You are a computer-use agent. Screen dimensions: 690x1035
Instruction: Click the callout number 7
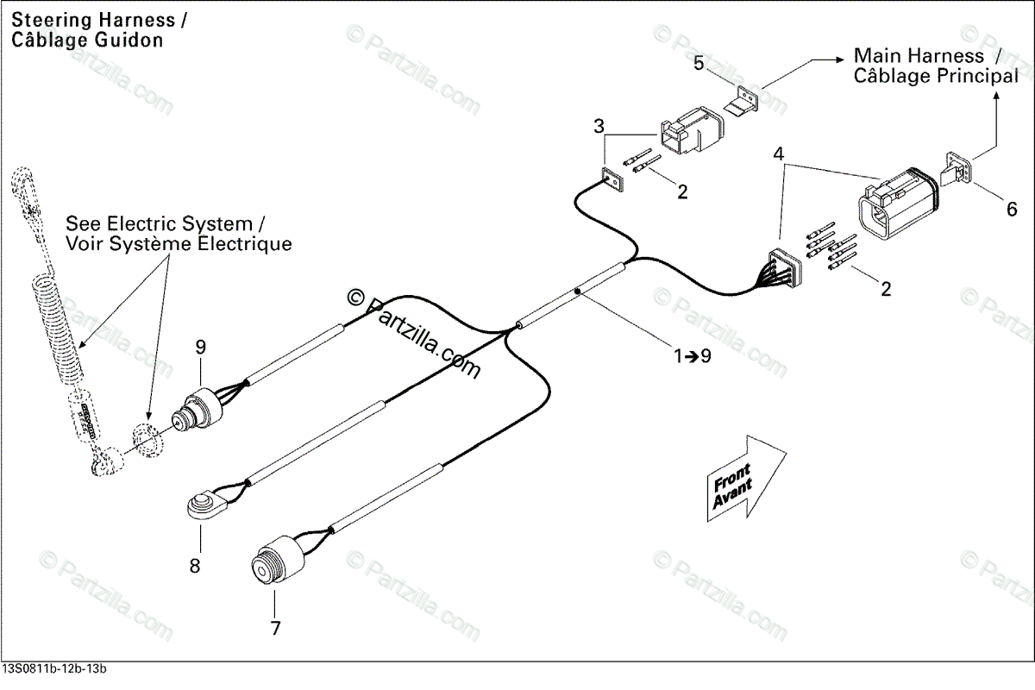click(x=275, y=628)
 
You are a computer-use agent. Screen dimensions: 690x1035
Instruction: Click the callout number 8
click(x=195, y=566)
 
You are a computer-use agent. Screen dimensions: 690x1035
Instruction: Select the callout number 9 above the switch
click(x=200, y=348)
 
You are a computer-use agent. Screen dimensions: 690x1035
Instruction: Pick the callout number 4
click(x=779, y=155)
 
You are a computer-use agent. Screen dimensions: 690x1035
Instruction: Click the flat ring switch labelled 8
click(x=205, y=505)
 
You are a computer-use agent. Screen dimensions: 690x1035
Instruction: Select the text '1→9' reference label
click(x=693, y=355)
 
